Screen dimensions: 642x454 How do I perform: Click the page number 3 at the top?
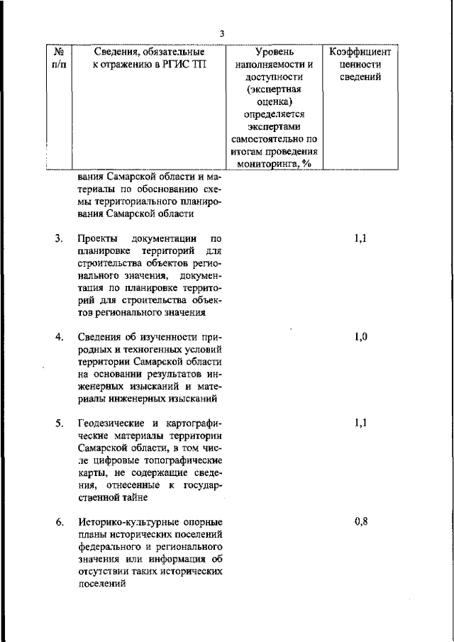pyautogui.click(x=222, y=33)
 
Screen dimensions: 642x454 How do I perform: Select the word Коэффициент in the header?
pyautogui.click(x=360, y=52)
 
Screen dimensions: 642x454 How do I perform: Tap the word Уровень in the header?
pyautogui.click(x=274, y=52)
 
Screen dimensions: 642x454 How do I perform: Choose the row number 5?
pyautogui.click(x=60, y=424)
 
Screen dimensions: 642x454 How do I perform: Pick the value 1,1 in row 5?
pyautogui.click(x=360, y=424)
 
